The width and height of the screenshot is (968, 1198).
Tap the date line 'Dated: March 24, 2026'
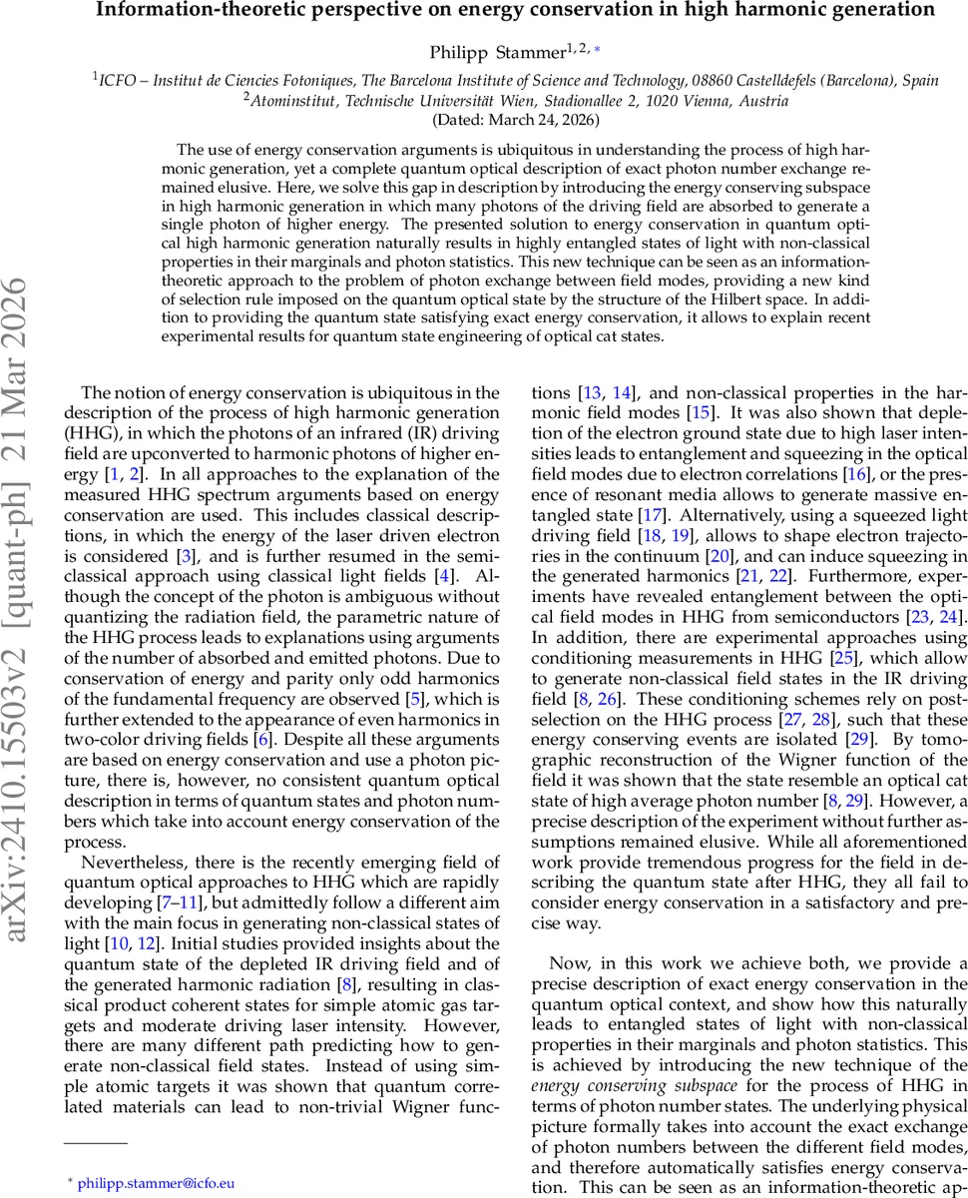click(x=515, y=119)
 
